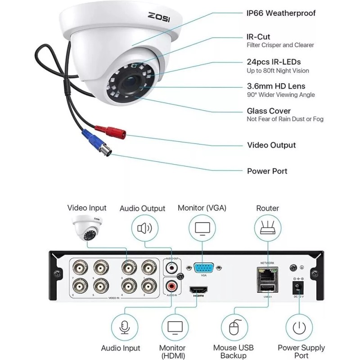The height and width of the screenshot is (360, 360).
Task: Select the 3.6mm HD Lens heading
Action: (x=276, y=86)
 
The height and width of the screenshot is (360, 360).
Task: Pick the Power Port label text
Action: (x=267, y=171)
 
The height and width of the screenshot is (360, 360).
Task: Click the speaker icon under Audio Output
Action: (x=145, y=229)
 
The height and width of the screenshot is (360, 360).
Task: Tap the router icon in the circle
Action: (x=267, y=229)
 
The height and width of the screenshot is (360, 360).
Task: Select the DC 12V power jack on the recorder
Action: (x=297, y=285)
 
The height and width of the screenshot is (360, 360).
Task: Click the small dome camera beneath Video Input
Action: (x=88, y=227)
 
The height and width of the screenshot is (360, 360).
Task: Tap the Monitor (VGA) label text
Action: (x=202, y=208)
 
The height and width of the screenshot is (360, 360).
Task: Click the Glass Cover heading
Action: (x=269, y=111)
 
